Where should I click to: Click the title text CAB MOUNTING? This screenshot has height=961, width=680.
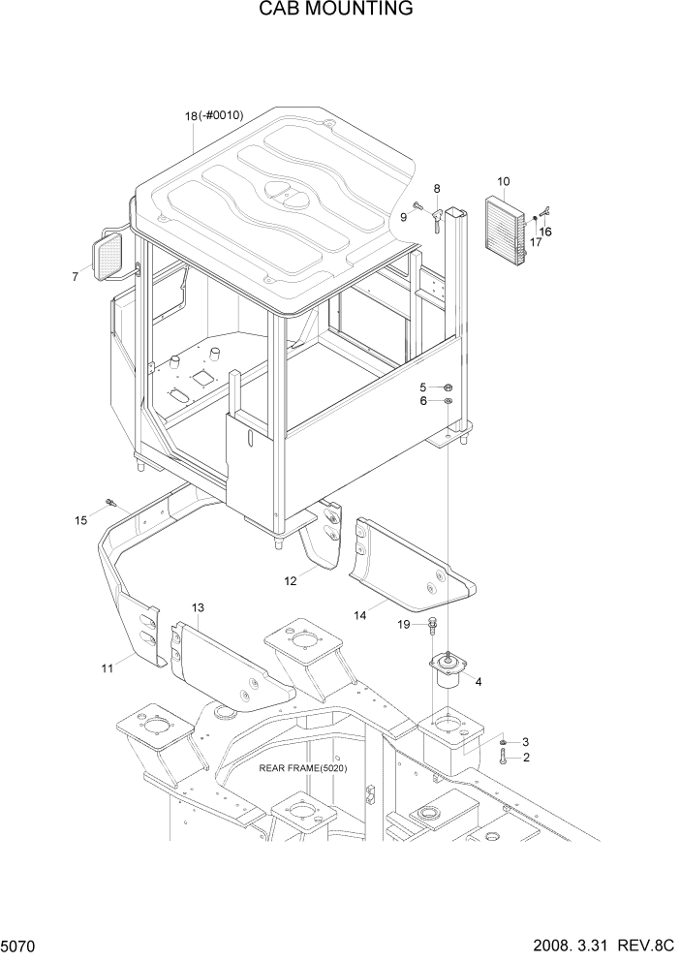point(335,10)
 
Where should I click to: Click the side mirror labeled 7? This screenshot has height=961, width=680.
point(108,255)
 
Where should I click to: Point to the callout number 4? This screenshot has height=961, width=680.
point(478,681)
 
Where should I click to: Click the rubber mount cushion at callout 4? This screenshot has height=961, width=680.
point(448,671)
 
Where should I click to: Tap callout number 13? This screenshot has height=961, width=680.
point(197,607)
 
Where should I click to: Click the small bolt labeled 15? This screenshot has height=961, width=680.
point(110,502)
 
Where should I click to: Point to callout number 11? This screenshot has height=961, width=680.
point(108,667)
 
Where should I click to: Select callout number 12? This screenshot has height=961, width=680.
point(290,581)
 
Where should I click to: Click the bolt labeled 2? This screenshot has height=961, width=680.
point(504,758)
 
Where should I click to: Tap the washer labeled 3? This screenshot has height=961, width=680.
point(504,741)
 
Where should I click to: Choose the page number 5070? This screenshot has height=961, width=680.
point(19,943)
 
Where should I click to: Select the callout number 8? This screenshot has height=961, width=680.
point(437,189)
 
